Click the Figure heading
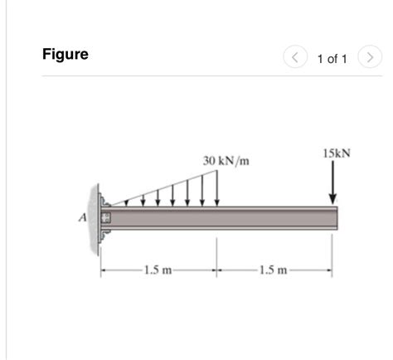[65, 56]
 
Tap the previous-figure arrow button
[295, 57]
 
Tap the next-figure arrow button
[371, 57]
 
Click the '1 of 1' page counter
[332, 58]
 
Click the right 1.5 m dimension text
[274, 270]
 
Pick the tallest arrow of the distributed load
[217, 187]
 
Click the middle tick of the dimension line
[217, 270]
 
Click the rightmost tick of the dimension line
[332, 270]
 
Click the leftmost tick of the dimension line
[102, 270]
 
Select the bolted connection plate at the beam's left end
[104, 218]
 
